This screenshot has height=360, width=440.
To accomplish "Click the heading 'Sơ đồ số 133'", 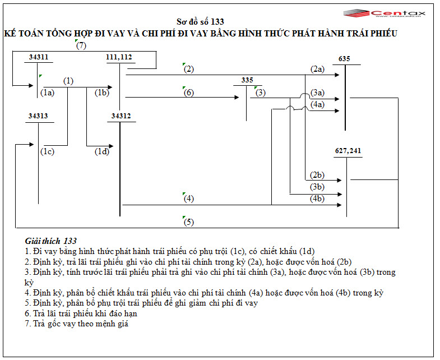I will click(x=201, y=22).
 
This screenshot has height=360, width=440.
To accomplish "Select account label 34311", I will click(x=38, y=57).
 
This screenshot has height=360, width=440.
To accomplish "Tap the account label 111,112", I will click(x=119, y=57).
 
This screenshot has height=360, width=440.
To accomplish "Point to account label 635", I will click(x=344, y=58).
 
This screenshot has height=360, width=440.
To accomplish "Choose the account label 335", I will click(x=247, y=80).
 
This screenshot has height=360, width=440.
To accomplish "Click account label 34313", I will click(x=38, y=116).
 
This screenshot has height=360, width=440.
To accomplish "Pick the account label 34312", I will click(x=121, y=116).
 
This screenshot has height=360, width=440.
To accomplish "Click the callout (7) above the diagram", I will click(x=81, y=45).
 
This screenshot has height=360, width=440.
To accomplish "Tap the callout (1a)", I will click(x=47, y=93).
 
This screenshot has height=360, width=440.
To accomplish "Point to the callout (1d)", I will click(x=101, y=151).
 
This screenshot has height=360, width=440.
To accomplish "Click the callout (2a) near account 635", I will click(x=317, y=69).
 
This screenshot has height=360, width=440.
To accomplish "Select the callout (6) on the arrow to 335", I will click(x=189, y=93).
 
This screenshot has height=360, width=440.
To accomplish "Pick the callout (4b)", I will click(x=317, y=199).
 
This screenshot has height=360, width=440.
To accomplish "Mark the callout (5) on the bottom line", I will click(x=188, y=222).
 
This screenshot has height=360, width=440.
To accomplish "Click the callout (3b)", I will click(x=317, y=187).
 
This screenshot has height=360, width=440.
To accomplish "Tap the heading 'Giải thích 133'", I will click(x=51, y=241).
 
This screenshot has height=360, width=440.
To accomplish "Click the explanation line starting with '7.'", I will click(x=77, y=323).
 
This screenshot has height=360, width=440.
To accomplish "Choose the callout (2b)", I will click(x=317, y=175).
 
